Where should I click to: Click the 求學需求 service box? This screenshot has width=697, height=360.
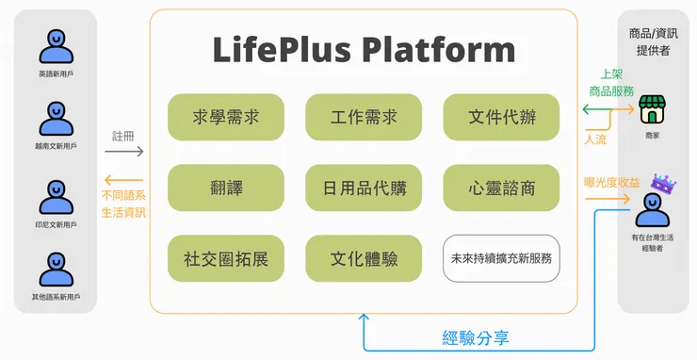(226, 117)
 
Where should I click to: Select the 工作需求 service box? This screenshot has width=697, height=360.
(364, 117)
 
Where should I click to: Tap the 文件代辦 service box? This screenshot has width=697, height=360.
(501, 117)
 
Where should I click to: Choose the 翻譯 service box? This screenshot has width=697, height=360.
(226, 188)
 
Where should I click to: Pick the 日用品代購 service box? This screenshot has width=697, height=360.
(364, 188)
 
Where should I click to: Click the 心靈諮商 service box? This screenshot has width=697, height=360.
(501, 188)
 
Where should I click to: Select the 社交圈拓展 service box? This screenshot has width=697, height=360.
(226, 258)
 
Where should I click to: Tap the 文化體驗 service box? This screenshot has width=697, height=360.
(364, 258)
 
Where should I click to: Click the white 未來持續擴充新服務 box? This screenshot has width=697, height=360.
(501, 258)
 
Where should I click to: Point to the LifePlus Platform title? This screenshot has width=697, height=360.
(364, 49)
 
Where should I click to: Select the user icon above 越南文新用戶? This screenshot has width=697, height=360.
(55, 119)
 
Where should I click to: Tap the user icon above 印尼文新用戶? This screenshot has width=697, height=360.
(55, 197)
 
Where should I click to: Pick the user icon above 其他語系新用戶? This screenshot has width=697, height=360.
(55, 270)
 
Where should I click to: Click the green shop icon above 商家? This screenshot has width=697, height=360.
(652, 111)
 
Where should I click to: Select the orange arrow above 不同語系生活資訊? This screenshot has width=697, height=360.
(124, 180)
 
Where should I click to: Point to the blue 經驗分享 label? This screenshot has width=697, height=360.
(475, 337)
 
